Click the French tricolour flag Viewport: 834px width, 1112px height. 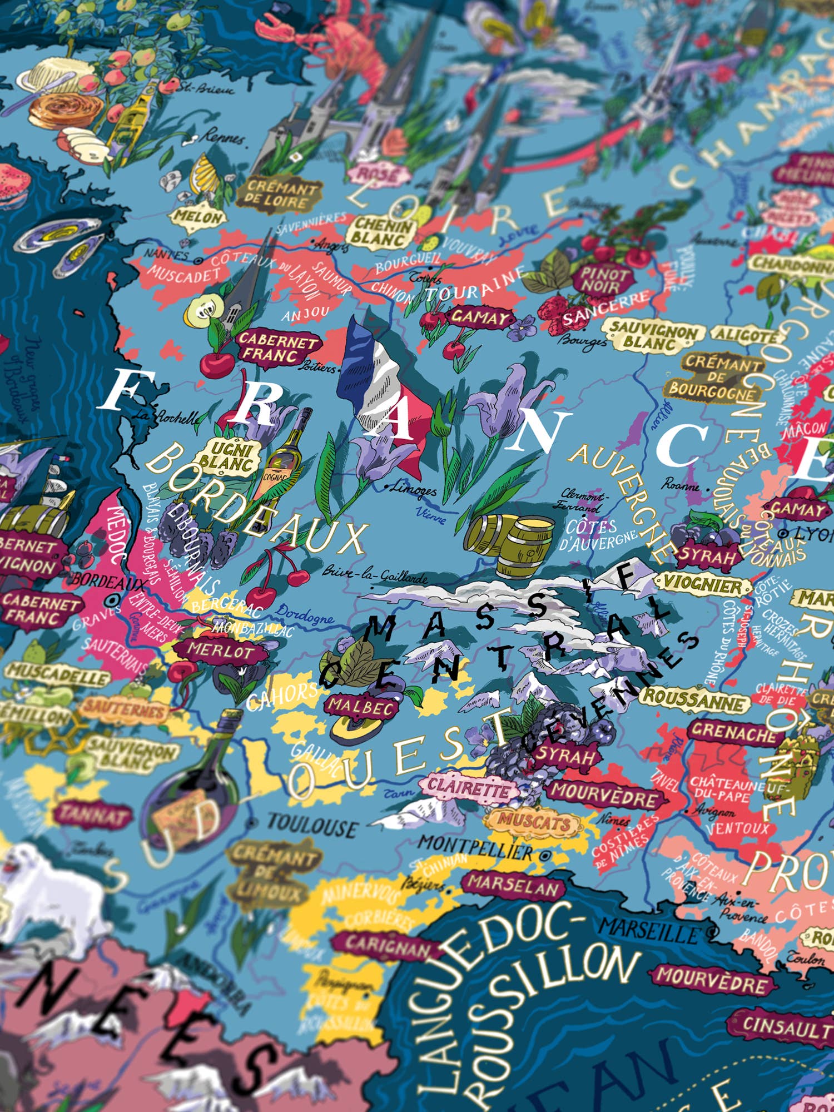tap(384, 384)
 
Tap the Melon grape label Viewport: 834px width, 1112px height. tap(198, 217)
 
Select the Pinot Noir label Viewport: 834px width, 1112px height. tap(604, 280)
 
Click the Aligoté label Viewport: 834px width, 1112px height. tap(747, 335)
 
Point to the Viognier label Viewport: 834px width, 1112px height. tap(702, 583)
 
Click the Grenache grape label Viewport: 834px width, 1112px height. tap(733, 733)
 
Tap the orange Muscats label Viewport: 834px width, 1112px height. tap(534, 820)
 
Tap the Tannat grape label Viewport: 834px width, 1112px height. tap(93, 815)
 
